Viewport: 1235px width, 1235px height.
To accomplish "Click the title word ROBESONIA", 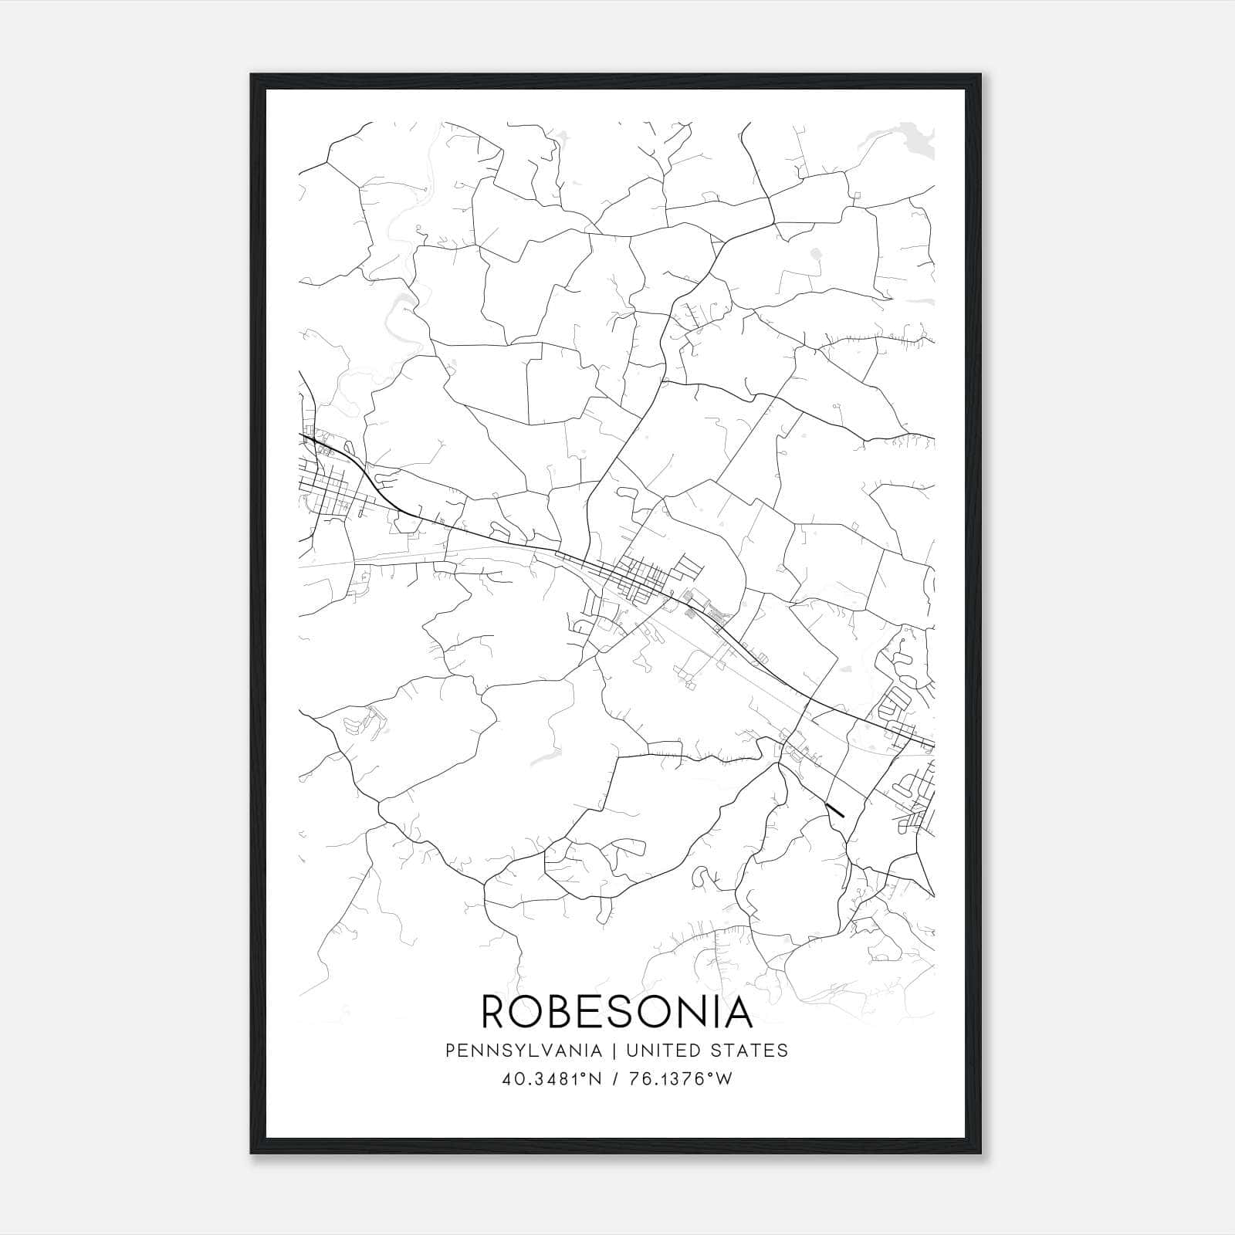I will pos(617,1011).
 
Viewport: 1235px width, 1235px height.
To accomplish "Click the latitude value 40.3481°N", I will pos(551,1079).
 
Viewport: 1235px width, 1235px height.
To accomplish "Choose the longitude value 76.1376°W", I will pos(679,1079).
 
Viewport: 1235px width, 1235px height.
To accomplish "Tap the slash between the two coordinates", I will pos(614,1079).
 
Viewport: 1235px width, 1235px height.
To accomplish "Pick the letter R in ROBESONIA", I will pos(495,1011).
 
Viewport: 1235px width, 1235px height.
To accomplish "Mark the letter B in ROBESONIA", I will pos(562,1011).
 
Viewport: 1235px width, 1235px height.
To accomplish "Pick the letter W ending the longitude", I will pos(723,1079).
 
